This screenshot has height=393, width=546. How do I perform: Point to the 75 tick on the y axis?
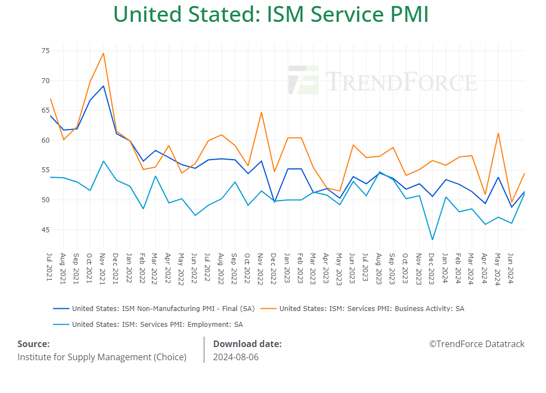[45, 51]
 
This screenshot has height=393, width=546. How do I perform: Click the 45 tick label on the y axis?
[45, 230]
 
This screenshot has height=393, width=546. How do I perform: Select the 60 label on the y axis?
[45, 140]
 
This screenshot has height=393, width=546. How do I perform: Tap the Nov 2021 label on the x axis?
[103, 267]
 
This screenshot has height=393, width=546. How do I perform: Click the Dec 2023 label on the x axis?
[432, 267]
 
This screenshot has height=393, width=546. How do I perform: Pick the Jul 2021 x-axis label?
[50, 266]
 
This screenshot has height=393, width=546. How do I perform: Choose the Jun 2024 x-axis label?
[511, 267]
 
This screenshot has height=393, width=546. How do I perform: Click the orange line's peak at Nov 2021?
[103, 53]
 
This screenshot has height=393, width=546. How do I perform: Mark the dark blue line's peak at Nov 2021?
[103, 86]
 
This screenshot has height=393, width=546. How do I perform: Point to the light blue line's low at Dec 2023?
[432, 239]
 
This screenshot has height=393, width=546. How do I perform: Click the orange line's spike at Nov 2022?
[261, 113]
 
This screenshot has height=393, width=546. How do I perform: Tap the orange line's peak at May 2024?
[498, 133]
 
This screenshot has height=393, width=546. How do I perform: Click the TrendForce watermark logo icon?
[303, 80]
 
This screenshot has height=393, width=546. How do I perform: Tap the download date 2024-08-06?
[236, 357]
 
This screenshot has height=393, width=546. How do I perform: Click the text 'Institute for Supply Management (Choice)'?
[102, 357]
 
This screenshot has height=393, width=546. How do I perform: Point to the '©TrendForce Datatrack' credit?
[477, 344]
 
